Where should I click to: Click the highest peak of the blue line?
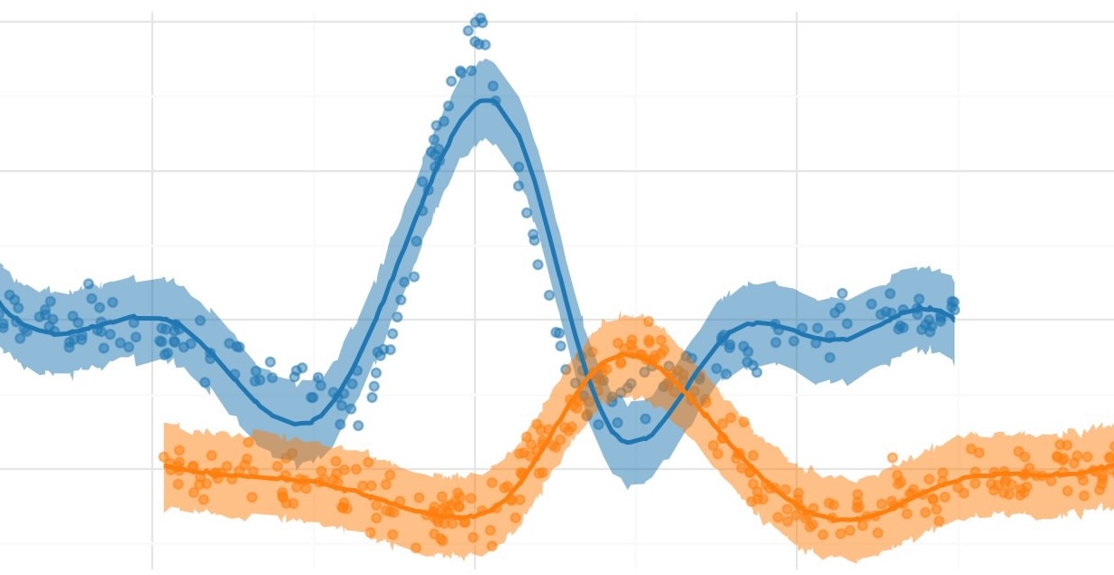coord(488,100)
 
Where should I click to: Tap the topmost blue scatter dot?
coord(480,18)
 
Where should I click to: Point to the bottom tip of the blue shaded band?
coord(630,487)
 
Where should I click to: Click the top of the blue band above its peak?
coord(488,61)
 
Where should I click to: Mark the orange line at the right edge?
coord(1111,467)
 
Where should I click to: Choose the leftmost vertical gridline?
coord(152,272)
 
